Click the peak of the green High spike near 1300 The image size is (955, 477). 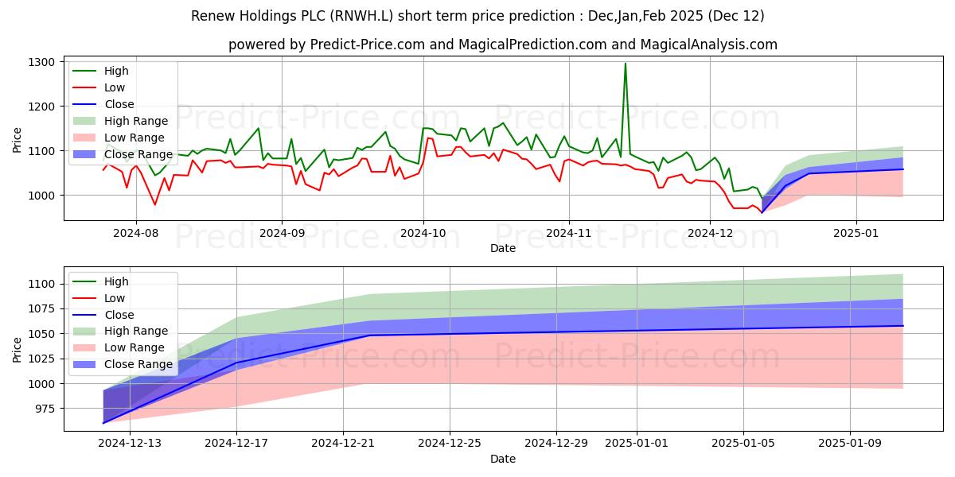coord(625,64)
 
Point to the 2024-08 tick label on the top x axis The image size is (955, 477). coord(135,234)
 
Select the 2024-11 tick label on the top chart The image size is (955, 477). coord(568,234)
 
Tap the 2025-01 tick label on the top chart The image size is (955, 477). coord(856,234)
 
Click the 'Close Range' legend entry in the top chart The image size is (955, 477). coord(138,154)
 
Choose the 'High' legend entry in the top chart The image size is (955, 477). coord(116,71)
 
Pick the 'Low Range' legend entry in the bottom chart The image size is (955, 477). coord(136,347)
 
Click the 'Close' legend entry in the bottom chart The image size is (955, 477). coord(119,314)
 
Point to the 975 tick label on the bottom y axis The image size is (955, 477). coord(45,409)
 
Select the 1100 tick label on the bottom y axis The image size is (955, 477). coord(41,284)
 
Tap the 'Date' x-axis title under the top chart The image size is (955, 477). coord(502,248)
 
